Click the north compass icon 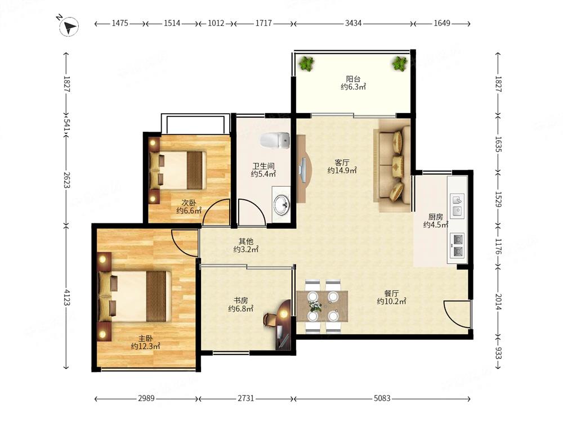point(69,26)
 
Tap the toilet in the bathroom point(275,141)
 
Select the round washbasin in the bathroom point(281,205)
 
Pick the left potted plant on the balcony point(306,64)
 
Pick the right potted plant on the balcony point(400,64)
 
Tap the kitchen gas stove point(457,245)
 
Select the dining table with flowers point(323,306)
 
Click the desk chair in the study point(269,320)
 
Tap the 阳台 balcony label point(353,79)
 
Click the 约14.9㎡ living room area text point(342,171)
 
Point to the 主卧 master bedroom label point(146,338)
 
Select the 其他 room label point(246,241)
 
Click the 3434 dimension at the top point(354,23)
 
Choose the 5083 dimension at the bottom point(382,398)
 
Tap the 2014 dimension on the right point(498,302)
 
